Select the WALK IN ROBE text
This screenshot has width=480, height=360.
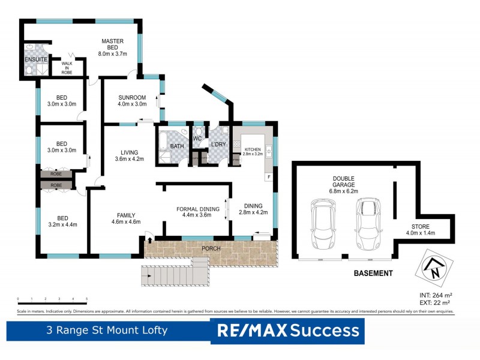67,66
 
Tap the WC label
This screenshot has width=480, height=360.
197,139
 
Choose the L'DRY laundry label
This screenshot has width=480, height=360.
216,145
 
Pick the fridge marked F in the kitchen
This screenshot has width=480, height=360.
269,177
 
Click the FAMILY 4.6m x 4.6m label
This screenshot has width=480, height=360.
126,218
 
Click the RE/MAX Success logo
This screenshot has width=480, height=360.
287,331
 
